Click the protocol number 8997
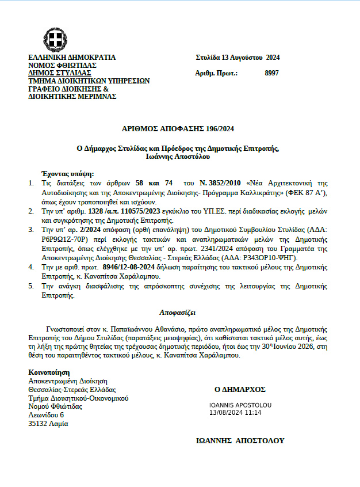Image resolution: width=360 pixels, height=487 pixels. click(x=271, y=73)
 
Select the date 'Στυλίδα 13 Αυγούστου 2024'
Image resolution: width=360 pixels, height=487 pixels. click(x=238, y=58)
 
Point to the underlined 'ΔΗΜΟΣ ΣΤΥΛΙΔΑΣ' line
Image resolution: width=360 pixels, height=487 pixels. click(x=60, y=73)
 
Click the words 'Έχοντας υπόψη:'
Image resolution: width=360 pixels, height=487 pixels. click(x=68, y=174)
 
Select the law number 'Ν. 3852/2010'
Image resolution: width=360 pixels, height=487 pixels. click(x=228, y=182)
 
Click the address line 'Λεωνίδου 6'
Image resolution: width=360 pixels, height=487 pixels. click(x=46, y=414)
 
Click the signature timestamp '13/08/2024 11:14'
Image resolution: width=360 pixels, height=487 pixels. click(x=235, y=413)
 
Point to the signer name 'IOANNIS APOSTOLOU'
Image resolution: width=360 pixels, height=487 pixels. click(x=240, y=405)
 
